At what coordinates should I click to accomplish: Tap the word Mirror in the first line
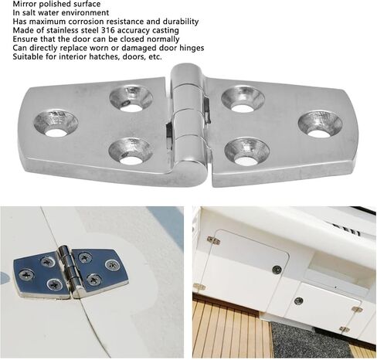coord(23,4)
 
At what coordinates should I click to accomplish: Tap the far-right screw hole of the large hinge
coord(320,124)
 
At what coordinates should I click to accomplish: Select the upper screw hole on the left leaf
coord(131,99)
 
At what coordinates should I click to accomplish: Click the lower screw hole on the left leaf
coord(131,151)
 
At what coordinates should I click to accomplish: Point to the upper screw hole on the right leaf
coord(243,100)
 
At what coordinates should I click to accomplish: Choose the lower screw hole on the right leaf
coord(247,152)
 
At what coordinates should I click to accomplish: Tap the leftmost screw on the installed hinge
coord(26,274)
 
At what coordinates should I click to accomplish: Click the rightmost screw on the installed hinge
coord(112,265)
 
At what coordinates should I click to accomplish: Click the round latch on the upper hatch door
coord(277,270)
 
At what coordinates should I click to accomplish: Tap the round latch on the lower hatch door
coord(298,301)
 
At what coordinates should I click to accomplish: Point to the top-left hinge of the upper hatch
coord(213,240)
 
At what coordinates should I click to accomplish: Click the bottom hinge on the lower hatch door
coord(344,329)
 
